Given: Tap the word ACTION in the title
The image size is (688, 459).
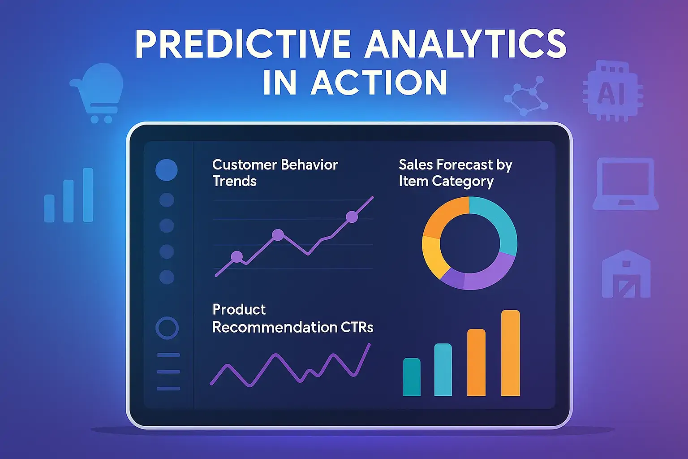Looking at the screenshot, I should (379, 83).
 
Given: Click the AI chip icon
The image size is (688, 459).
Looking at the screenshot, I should (612, 93).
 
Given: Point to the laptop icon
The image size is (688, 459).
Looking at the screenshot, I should (626, 184).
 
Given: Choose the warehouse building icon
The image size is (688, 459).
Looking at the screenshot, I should (626, 275).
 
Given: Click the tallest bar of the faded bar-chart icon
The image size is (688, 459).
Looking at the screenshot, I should (88, 195).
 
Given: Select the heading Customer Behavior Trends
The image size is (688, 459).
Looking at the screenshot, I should (275, 173).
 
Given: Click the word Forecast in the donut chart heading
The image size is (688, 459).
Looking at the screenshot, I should (464, 165).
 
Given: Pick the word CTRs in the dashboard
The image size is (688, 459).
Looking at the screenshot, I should (357, 327).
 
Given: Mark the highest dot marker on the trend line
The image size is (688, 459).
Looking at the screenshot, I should (352, 217).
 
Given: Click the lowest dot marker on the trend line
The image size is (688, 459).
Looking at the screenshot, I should (236, 257).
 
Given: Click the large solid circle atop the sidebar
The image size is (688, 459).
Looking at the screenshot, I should (167, 170).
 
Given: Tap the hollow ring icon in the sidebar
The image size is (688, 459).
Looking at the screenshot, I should (167, 328).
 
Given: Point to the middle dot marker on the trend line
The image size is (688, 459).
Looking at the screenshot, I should (278, 234).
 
